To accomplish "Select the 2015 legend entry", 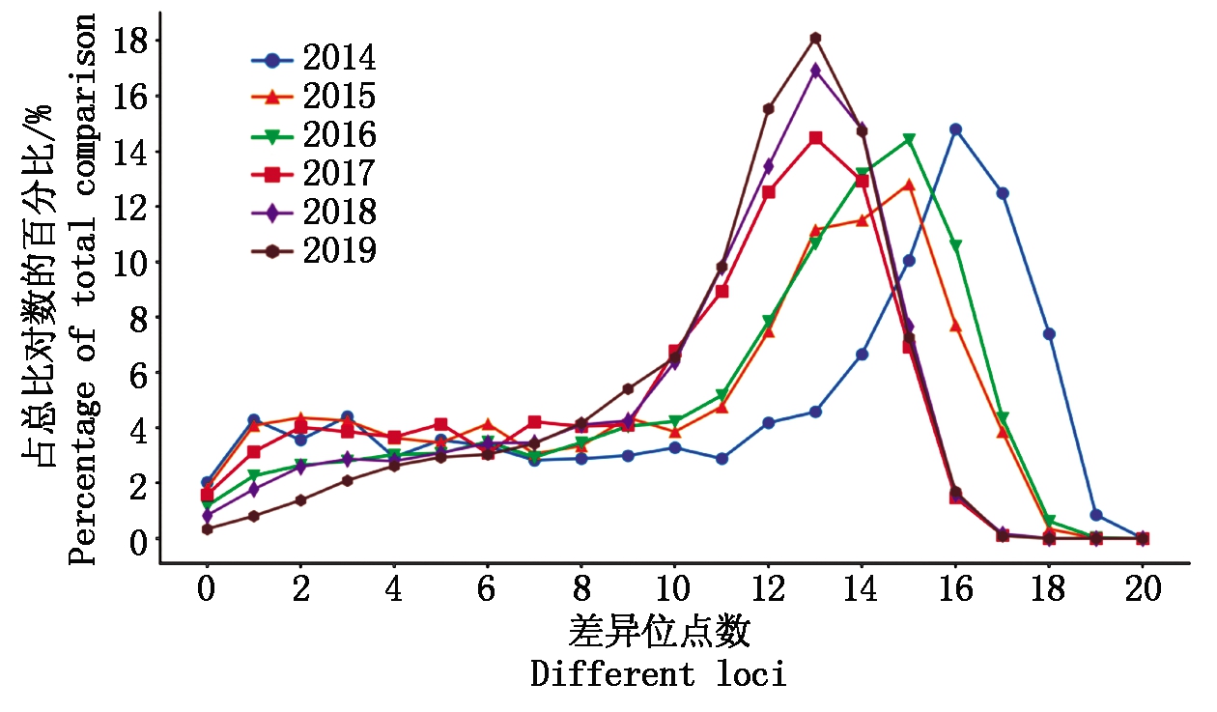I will click(x=314, y=98).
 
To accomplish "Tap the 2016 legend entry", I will click(x=314, y=136).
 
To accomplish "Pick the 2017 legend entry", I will click(x=314, y=175).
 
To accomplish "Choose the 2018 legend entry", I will click(x=314, y=213).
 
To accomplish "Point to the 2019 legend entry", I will click(x=314, y=251).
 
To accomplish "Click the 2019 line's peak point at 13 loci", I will click(x=815, y=39).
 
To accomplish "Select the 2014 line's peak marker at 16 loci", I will click(x=955, y=129).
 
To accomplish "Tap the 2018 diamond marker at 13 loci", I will click(x=815, y=71).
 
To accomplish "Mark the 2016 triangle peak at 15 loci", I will click(x=909, y=140).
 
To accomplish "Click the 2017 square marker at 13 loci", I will click(x=815, y=138).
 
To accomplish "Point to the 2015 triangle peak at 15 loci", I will click(x=909, y=185).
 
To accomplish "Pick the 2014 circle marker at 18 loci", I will click(x=1049, y=334).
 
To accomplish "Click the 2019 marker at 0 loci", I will click(x=208, y=529).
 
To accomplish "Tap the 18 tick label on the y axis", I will click(x=131, y=41).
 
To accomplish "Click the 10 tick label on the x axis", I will click(x=674, y=590).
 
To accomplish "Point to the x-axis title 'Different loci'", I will click(x=659, y=673).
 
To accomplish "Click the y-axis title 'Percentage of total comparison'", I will click(x=83, y=290).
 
